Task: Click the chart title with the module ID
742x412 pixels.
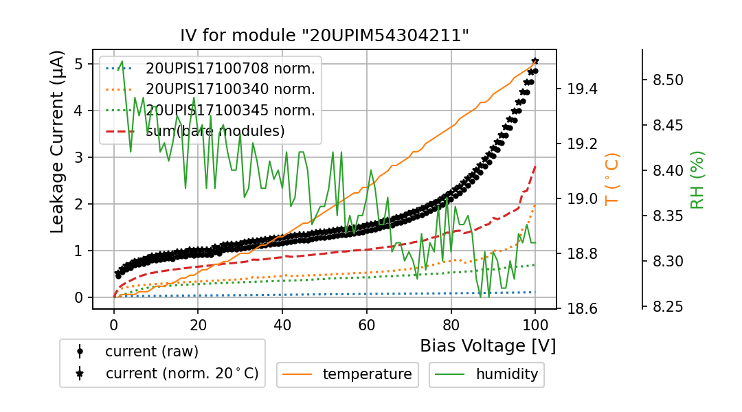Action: point(324,36)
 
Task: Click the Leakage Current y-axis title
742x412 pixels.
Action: point(58,141)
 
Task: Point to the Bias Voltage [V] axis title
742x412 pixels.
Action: point(488,345)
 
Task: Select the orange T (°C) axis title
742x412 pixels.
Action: point(611,180)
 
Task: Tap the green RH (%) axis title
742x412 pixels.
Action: point(697,180)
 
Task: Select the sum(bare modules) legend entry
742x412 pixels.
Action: point(215,130)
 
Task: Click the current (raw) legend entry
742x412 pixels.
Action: point(151,352)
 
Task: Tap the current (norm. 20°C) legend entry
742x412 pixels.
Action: point(181,374)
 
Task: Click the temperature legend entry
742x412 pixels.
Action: point(367,374)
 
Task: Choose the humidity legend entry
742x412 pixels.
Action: point(507,374)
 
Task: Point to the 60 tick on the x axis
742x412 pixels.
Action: point(367,324)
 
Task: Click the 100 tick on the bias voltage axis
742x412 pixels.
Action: point(535,324)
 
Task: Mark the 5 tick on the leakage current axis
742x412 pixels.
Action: point(79,64)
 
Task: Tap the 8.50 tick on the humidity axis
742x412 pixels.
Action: point(666,80)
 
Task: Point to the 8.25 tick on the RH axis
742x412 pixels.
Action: point(666,307)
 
